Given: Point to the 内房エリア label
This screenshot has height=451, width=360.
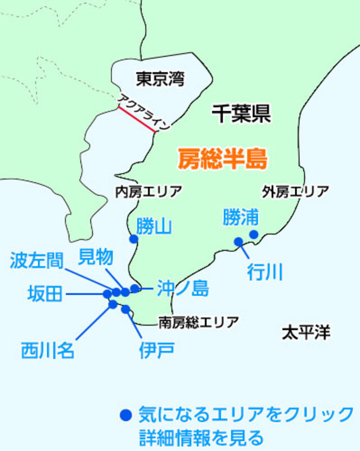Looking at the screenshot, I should pos(148,192).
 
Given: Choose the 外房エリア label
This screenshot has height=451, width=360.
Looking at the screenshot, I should pos(295,192).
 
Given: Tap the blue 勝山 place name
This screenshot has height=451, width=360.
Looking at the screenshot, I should pos(154,226).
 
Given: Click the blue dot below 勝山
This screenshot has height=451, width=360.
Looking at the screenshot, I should pos(133,239).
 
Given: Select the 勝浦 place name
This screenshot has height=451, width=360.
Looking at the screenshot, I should pos(241,217).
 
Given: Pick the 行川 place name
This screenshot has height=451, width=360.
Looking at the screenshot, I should pos(264,272).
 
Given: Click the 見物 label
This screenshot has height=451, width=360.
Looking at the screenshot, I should pos(95,257).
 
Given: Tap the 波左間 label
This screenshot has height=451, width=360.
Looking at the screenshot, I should pos(36,260).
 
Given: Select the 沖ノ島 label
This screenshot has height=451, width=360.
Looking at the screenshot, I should pos(183,288).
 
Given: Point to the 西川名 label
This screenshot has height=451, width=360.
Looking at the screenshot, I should pos(48,350).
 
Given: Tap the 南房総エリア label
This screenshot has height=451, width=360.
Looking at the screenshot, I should pos(198,322).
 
